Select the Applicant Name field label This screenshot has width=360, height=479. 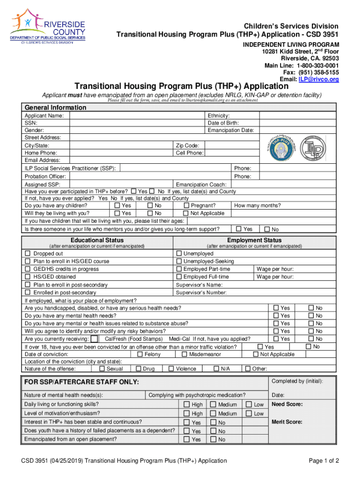tap(44, 116)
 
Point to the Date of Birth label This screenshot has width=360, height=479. tap(223, 123)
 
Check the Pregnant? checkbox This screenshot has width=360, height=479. tap(187, 205)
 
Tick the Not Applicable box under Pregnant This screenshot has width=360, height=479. tap(187, 213)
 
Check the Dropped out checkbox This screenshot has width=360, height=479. tap(28, 254)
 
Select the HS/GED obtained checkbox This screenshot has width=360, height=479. tap(28, 277)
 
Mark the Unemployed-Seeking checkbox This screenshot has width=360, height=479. tap(179, 261)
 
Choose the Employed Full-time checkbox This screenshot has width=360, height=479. tap(179, 277)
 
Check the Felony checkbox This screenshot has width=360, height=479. tap(140, 355)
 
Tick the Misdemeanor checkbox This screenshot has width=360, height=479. tap(184, 355)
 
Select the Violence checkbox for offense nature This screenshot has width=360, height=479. tap(171, 369)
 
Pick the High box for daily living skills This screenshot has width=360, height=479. tap(187, 405)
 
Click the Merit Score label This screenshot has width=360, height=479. tap(287, 422)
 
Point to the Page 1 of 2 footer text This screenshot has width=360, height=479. tap(324, 461)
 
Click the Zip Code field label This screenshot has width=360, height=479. tap(187, 145)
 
